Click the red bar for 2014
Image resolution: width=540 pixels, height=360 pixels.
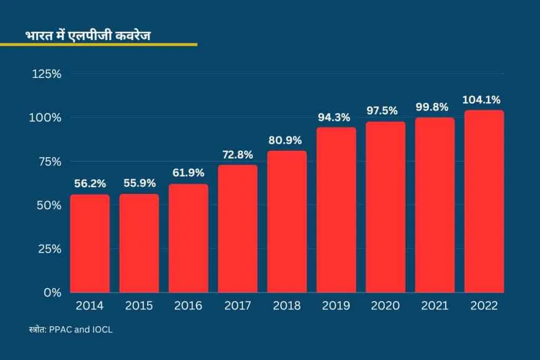click(90, 244)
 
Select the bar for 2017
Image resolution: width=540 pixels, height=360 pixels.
click(238, 229)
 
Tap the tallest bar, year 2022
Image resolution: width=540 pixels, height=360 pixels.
click(484, 201)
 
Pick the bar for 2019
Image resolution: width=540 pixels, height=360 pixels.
click(336, 210)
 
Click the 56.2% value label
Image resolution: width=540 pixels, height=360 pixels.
click(90, 184)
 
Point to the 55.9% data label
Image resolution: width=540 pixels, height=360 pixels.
click(139, 183)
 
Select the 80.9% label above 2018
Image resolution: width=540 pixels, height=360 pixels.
click(287, 140)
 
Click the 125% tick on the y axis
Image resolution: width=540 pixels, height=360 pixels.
click(47, 74)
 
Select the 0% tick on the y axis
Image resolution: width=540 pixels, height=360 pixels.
click(53, 292)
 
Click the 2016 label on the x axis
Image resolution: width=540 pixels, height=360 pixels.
click(188, 306)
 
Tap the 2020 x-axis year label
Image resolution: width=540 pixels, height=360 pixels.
click(385, 306)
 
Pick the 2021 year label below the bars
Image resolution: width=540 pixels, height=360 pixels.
click(435, 306)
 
